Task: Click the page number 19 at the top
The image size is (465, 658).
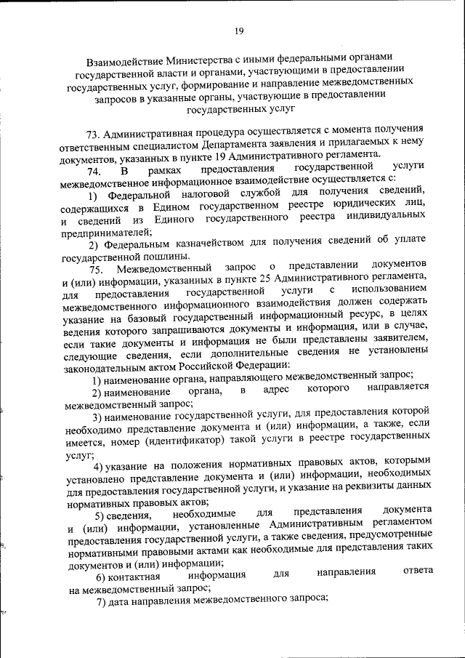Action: pos(238,30)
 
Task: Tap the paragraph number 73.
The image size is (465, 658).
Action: pos(93,135)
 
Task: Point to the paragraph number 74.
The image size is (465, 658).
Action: pos(94,171)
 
